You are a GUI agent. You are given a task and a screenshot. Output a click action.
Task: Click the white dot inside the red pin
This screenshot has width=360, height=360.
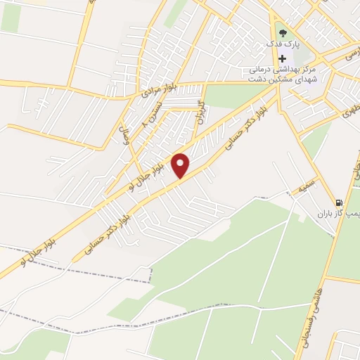click(181, 164)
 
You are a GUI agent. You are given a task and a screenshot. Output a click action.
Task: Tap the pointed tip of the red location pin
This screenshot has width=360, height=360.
click(181, 178)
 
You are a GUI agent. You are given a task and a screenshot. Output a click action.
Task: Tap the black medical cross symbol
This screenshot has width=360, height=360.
click(282, 59)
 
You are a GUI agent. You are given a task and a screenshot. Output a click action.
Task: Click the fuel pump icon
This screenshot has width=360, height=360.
click(340, 200)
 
